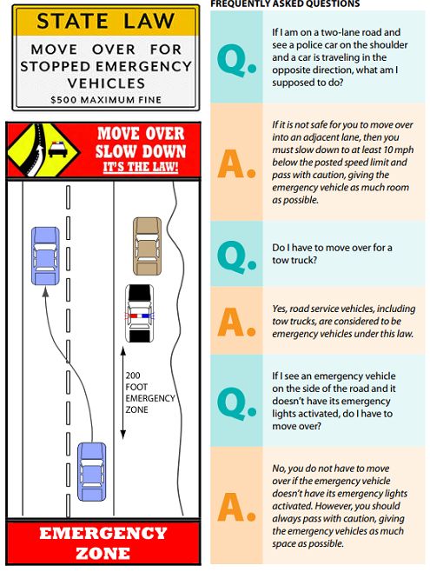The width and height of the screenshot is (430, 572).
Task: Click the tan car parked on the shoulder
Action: click(147, 246)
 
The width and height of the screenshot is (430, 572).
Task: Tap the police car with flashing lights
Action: click(140, 313)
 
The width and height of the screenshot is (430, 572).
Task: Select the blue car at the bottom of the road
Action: click(92, 471)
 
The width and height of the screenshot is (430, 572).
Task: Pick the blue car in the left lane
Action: click(45, 256)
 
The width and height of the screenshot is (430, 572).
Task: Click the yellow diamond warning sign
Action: click(43, 150)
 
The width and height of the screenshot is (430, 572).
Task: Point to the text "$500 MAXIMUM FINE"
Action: click(106, 100)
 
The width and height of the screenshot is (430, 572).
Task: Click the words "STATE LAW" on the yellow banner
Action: click(106, 21)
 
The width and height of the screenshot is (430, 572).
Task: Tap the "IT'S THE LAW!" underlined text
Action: click(141, 167)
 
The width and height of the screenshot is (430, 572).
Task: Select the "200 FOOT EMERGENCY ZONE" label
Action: click(149, 393)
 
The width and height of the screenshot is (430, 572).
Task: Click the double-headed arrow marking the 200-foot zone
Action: click(123, 393)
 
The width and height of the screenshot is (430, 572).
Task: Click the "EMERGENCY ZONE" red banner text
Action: click(103, 543)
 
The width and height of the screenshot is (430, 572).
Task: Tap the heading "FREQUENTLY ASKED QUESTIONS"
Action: click(285, 3)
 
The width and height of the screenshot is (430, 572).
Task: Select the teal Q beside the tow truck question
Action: click(236, 255)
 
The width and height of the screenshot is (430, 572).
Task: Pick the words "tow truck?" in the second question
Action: click(294, 260)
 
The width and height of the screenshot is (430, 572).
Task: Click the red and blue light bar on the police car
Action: click(140, 316)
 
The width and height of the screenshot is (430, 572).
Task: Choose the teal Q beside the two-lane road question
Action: click(236, 59)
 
